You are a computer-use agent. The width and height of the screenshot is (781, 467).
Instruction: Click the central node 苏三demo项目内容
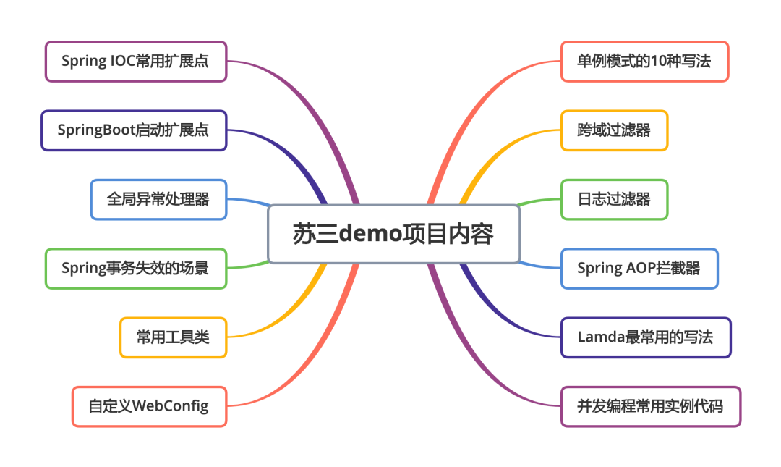[393, 234]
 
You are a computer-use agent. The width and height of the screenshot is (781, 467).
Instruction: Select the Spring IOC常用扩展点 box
[135, 62]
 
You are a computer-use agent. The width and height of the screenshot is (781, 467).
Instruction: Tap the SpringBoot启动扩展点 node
[134, 130]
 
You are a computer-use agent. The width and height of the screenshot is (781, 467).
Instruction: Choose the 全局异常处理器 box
[158, 199]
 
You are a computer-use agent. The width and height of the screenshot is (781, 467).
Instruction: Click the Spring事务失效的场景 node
[135, 269]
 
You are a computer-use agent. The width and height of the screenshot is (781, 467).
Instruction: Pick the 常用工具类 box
[173, 337]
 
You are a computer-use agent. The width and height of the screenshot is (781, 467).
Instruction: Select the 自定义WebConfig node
[149, 406]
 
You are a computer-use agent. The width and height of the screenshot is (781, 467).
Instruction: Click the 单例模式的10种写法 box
[644, 62]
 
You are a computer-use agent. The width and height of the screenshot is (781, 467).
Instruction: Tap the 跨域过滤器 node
[614, 130]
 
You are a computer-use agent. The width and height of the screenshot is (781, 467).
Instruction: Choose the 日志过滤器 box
[614, 199]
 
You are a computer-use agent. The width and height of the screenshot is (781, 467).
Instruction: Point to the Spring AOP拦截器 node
[639, 269]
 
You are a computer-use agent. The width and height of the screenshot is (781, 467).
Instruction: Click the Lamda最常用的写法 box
[646, 337]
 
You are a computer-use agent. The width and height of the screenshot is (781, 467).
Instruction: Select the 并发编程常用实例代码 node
[650, 406]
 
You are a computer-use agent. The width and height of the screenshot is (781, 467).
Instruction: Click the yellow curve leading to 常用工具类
[289, 319]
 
